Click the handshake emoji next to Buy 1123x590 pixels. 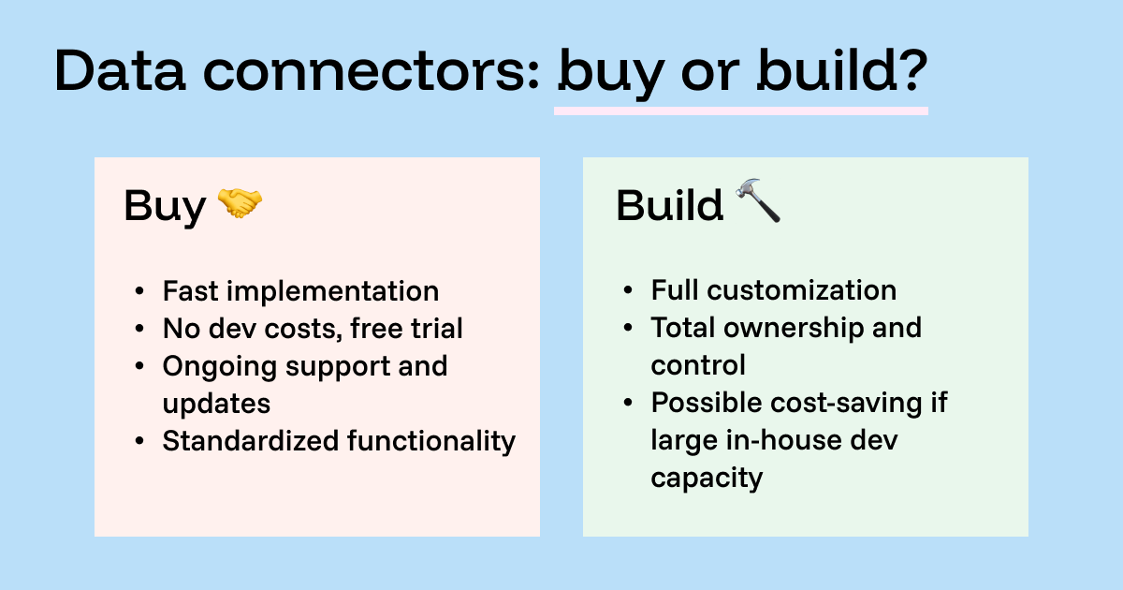click(240, 203)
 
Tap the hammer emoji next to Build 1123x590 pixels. click(758, 201)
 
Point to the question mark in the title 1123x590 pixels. click(904, 70)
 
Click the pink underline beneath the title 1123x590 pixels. click(740, 111)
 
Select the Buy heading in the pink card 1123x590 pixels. click(164, 205)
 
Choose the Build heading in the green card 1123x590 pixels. click(669, 205)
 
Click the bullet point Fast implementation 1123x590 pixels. click(300, 291)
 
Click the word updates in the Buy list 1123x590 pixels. click(216, 404)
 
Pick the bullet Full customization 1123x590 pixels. click(773, 291)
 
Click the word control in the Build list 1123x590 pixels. click(698, 365)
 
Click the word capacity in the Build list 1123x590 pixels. click(707, 479)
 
